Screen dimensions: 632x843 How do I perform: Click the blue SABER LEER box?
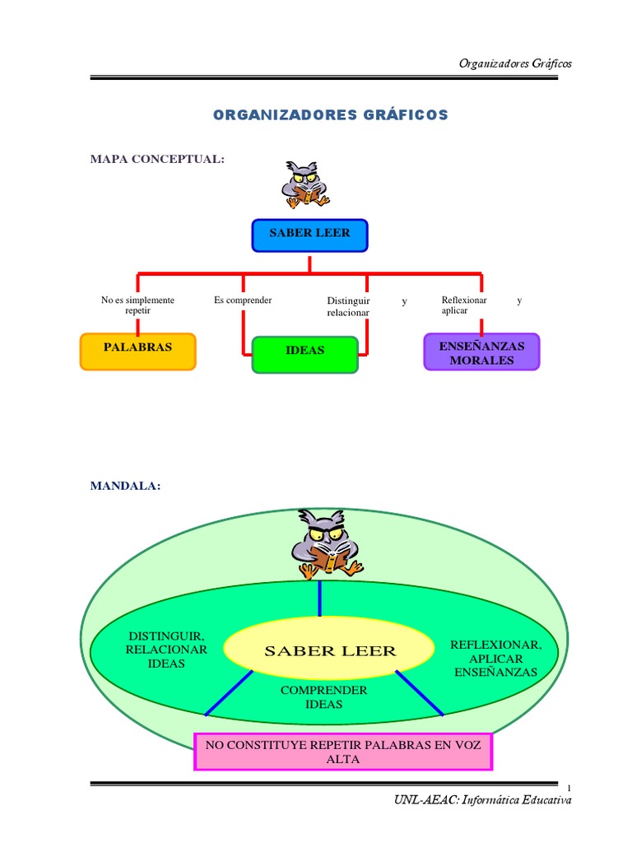309,235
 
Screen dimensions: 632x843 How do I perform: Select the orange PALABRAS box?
138,352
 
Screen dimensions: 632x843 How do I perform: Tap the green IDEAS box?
304,355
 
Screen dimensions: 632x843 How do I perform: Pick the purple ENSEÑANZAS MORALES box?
481,352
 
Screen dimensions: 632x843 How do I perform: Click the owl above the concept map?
304,184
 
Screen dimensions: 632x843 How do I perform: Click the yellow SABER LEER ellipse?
329,648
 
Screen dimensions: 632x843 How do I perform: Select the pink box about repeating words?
343,752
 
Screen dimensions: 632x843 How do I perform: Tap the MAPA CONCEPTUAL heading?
157,159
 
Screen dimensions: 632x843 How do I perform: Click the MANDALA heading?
125,486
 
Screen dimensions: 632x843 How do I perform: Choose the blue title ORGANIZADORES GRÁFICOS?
331,115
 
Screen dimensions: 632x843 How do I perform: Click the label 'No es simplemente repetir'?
137,305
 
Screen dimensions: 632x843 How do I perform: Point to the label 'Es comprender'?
243,300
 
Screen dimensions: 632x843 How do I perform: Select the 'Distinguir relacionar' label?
348,306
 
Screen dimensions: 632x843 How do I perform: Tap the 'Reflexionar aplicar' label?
464,305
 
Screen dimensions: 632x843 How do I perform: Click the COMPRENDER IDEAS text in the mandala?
323,697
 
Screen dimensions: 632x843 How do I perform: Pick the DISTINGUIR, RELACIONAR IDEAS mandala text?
166,650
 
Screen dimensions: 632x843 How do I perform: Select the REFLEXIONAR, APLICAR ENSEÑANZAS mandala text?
495,659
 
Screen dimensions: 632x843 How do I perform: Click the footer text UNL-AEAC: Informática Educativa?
482,800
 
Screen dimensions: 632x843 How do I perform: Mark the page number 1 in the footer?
569,788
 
